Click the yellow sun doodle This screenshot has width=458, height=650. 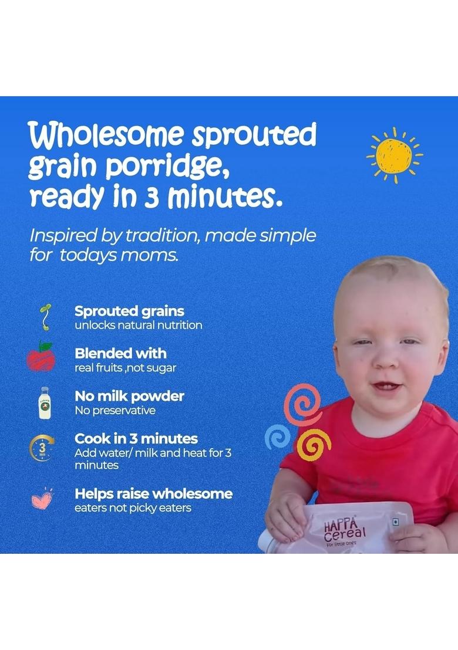394,155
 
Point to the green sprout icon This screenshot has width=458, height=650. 45,317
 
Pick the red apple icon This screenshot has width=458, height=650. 41,357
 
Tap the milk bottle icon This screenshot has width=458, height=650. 44,402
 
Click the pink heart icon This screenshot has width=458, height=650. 42,499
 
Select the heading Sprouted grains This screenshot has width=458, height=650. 129,311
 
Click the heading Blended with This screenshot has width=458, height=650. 120,353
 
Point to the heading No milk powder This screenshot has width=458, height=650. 129,396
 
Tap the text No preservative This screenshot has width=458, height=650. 115,411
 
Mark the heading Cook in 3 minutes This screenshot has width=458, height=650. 136,438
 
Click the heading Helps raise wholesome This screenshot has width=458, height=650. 153,493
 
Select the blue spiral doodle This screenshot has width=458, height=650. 277,437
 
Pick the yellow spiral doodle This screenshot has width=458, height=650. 312,446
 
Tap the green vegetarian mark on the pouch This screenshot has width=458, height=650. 395,522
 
